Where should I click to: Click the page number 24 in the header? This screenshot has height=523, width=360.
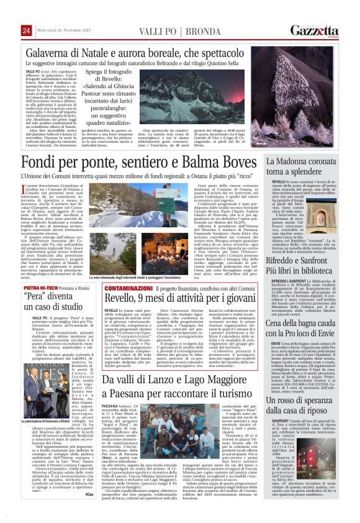pyautogui.click(x=26, y=30)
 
